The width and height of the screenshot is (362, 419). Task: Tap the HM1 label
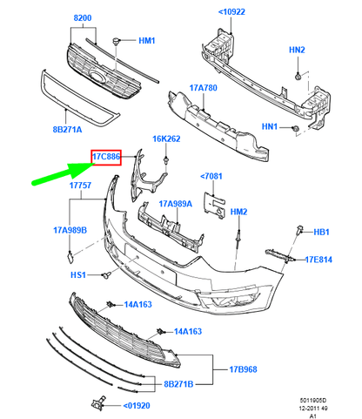point(147,41)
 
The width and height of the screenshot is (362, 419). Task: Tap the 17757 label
point(82,186)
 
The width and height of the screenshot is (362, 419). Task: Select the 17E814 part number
point(320,259)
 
